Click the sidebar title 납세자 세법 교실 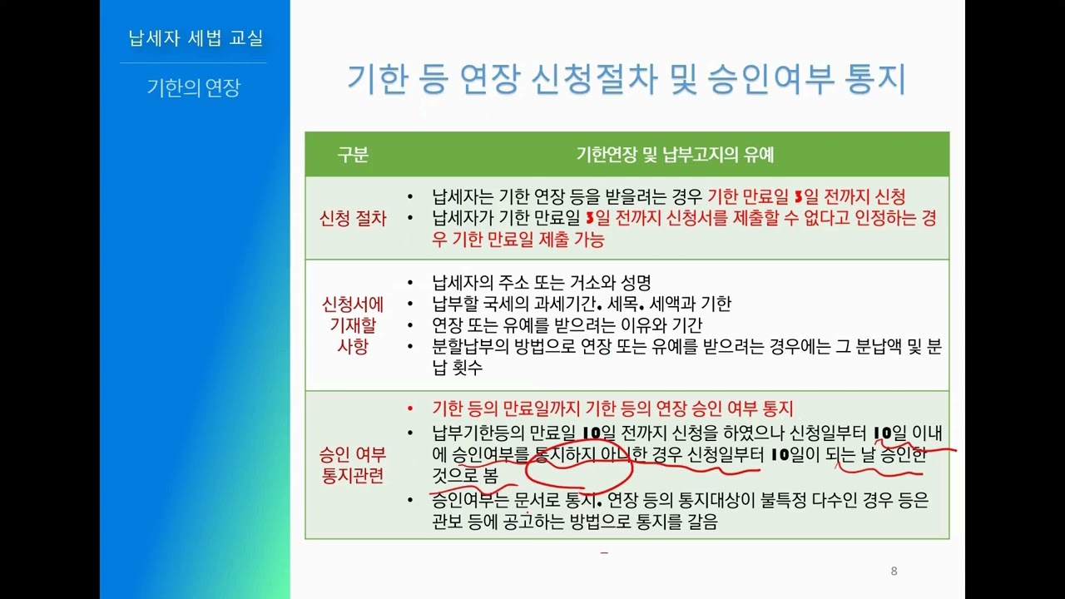pos(196,38)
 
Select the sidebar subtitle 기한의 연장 pos(194,87)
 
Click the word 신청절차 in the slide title pos(595,79)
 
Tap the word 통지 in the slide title pos(875,79)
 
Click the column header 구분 pos(353,155)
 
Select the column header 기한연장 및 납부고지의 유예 pos(675,155)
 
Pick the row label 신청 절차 pos(353,219)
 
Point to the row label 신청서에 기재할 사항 pos(353,325)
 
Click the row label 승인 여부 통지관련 pos(353,465)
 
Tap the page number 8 pos(894,571)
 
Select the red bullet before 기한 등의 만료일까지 pos(410,408)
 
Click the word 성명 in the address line pos(636,283)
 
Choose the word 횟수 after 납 pos(467,368)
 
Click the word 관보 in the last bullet pos(448,522)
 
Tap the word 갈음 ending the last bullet pos(702,522)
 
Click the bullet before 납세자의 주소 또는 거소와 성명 pos(410,284)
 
